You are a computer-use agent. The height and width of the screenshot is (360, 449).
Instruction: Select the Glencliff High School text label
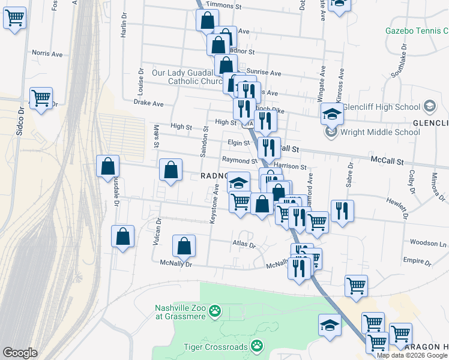click(x=391, y=107)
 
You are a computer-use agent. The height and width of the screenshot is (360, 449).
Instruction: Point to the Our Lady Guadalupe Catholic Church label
click(x=188, y=77)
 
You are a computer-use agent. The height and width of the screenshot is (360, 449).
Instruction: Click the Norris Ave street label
click(x=47, y=53)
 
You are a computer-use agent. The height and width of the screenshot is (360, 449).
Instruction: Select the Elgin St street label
click(x=238, y=143)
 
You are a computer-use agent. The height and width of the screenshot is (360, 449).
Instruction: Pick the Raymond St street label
click(x=240, y=160)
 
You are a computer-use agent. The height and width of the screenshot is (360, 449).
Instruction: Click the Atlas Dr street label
click(x=244, y=245)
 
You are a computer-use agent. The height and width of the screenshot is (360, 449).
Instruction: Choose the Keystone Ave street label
click(x=214, y=205)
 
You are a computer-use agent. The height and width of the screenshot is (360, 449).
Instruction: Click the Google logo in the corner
click(x=20, y=353)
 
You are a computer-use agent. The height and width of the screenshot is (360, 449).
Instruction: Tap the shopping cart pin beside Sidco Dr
click(x=41, y=98)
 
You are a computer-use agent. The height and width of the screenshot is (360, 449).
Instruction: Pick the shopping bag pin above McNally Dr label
click(x=184, y=245)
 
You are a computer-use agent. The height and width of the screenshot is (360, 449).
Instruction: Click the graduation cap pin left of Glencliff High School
click(x=332, y=113)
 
